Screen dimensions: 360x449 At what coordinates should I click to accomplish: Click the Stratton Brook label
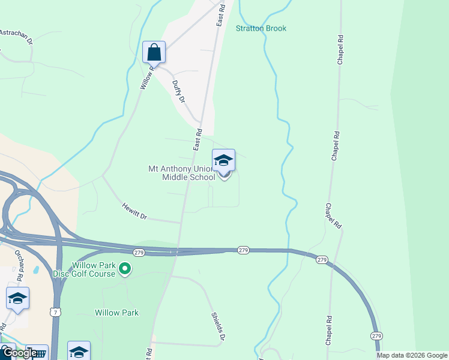(261, 28)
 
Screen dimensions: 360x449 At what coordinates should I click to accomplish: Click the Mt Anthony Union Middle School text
(181, 173)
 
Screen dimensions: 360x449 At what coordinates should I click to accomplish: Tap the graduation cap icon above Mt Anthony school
(223, 160)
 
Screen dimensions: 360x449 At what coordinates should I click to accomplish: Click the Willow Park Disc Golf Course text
(93, 269)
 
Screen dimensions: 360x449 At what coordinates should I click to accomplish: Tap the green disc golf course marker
(125, 269)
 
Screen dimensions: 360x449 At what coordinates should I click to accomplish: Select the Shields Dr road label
(218, 326)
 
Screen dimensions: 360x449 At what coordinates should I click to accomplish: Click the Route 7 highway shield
(55, 313)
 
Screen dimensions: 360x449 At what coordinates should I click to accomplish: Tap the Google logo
(19, 353)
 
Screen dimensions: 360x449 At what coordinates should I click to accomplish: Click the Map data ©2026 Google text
(411, 355)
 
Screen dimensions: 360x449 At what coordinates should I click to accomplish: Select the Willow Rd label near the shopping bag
(146, 77)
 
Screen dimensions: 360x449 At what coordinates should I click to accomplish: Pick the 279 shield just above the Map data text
(376, 335)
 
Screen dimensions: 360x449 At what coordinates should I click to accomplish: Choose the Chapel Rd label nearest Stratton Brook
(340, 50)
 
